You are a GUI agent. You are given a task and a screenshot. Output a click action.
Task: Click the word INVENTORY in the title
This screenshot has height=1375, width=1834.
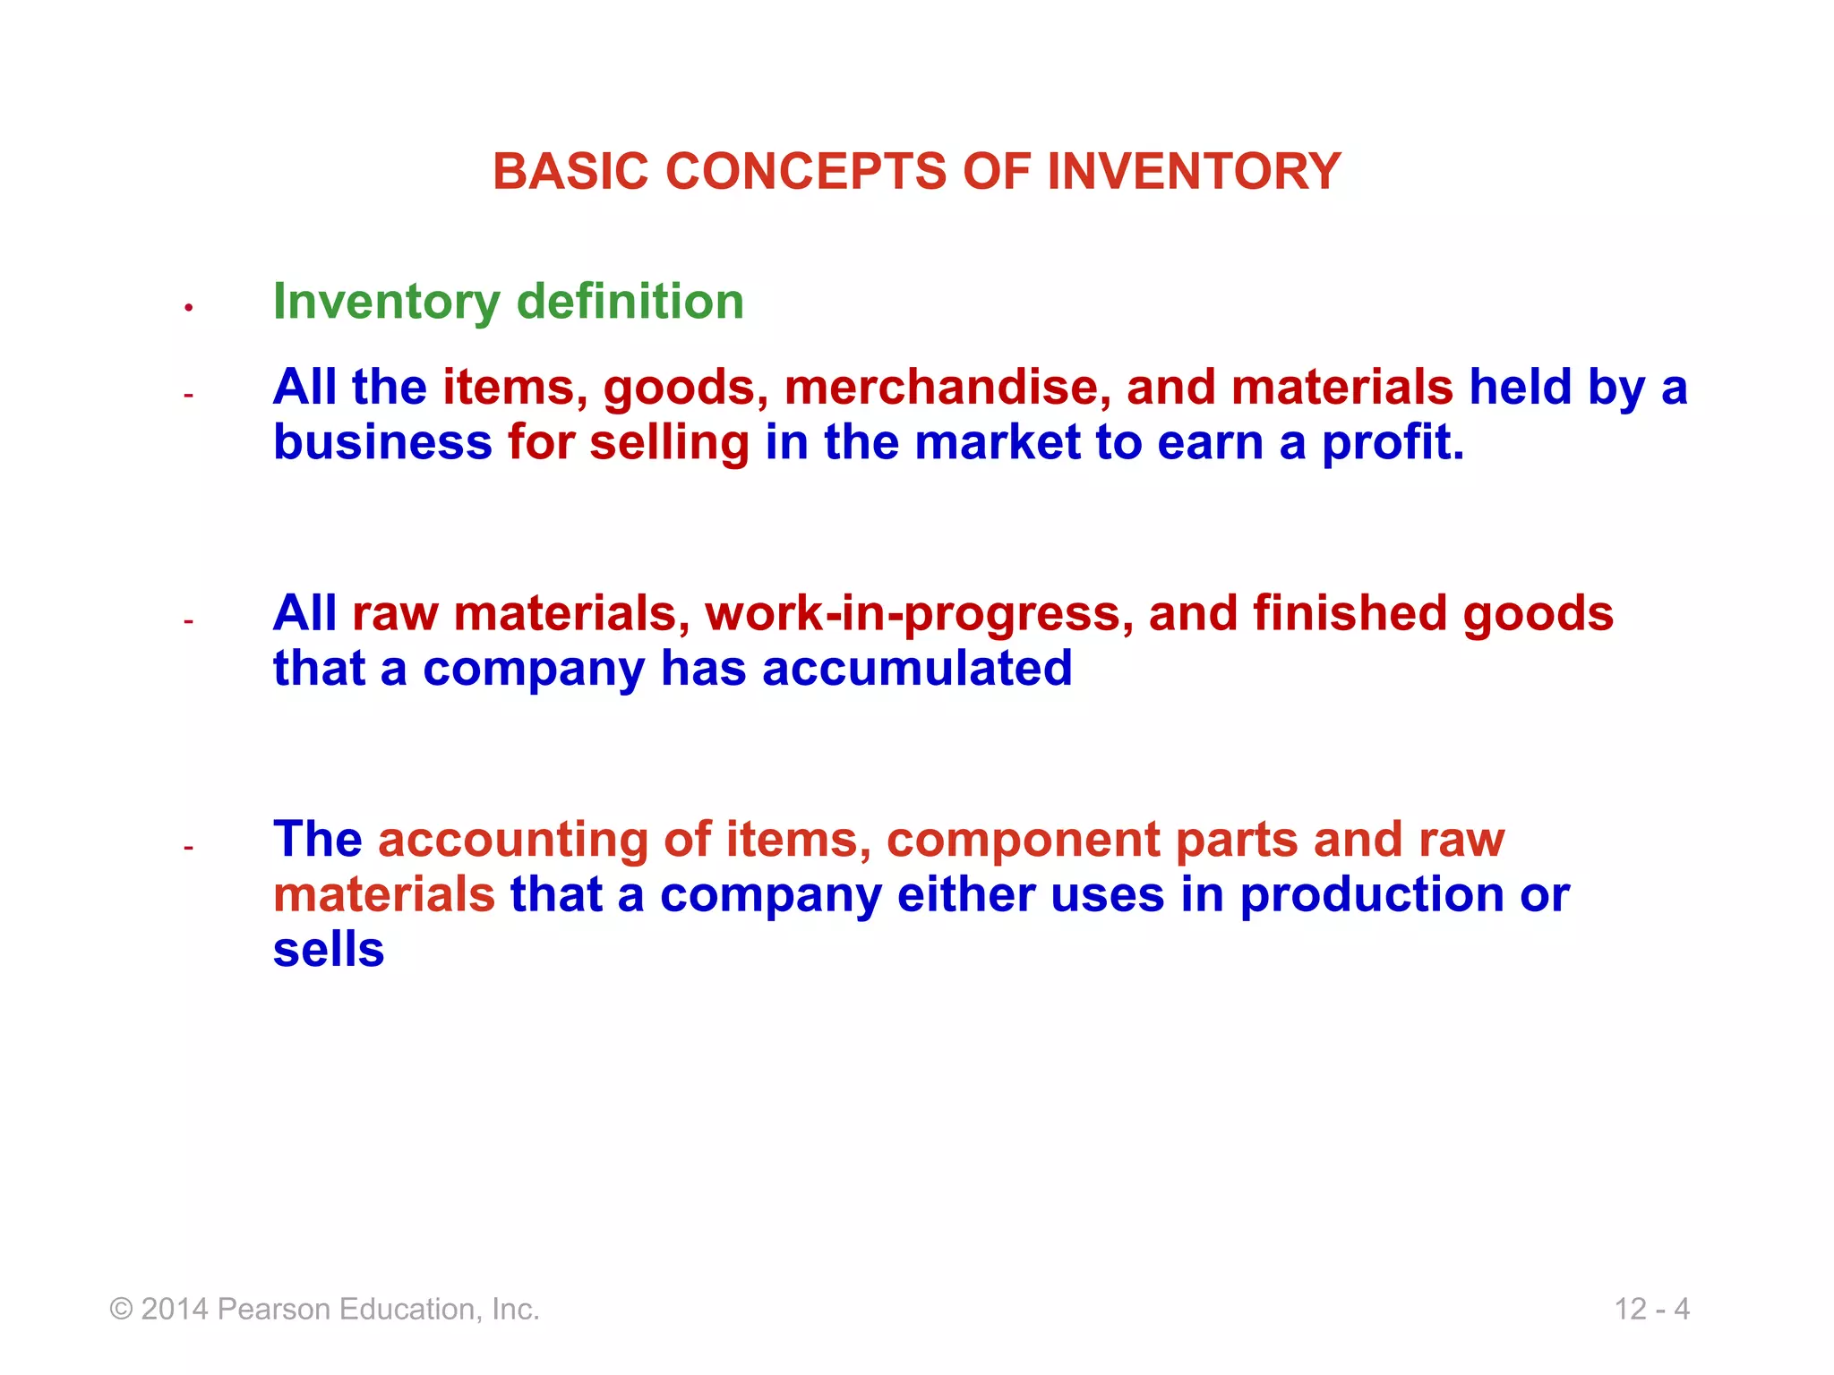(1194, 171)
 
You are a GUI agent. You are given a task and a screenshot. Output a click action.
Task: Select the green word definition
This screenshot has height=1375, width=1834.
(630, 301)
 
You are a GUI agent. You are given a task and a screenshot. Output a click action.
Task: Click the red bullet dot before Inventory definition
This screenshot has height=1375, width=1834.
(189, 308)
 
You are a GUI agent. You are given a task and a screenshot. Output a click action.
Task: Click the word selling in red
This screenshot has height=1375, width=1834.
(669, 443)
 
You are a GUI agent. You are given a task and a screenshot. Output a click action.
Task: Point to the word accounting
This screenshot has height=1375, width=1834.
(512, 841)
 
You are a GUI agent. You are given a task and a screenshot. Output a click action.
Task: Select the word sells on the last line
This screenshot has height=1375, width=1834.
(329, 950)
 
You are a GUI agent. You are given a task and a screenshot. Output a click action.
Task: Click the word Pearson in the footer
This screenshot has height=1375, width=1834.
(275, 1309)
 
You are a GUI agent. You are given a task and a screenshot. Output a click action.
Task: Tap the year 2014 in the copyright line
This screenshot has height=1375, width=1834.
(175, 1309)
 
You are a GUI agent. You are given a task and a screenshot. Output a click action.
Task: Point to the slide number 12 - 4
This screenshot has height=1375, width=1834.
(1651, 1309)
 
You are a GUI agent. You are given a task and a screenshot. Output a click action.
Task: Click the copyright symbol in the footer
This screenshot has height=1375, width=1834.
(121, 1310)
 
